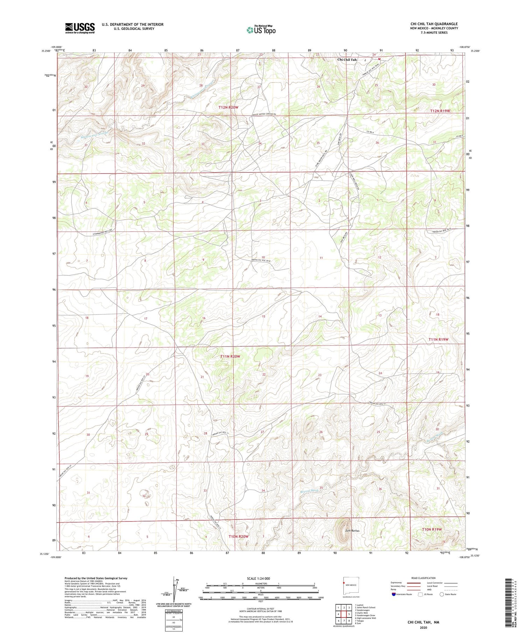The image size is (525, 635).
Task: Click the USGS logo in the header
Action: coord(80,28)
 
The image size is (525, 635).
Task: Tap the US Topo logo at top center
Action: coord(261,30)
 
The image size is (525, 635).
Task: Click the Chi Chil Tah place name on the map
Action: coord(347,60)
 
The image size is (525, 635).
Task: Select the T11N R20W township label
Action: coord(230,356)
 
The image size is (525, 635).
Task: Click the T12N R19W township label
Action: coord(440,111)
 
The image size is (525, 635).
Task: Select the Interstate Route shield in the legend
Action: coord(394,594)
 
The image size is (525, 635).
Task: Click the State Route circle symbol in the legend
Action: coord(442,594)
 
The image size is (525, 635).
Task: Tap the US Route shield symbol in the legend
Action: coord(420,594)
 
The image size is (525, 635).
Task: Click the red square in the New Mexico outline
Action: coord(343,583)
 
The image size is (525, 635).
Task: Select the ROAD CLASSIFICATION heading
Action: coord(423,578)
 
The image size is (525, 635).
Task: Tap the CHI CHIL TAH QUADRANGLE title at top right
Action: coord(434,24)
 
